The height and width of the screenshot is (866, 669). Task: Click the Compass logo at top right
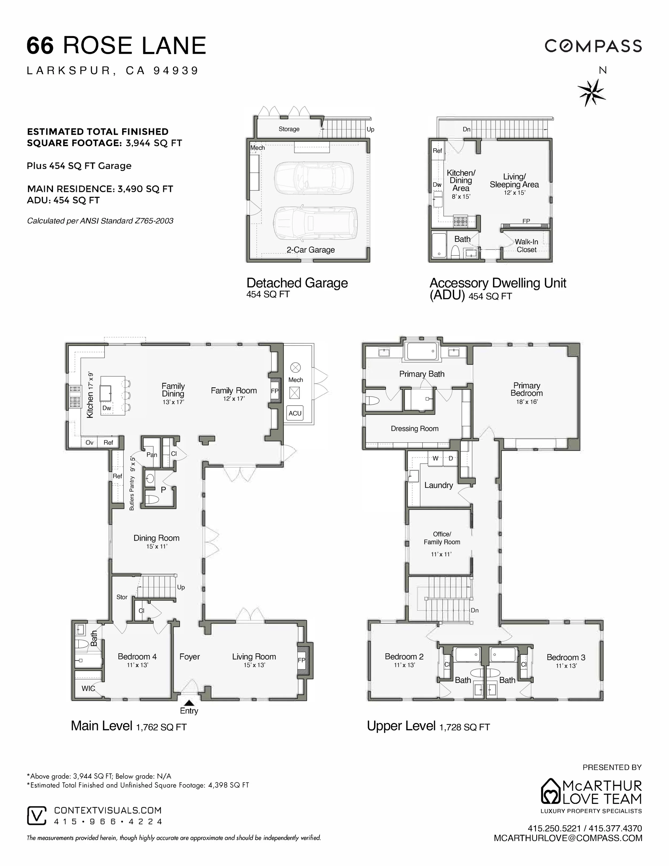[593, 46]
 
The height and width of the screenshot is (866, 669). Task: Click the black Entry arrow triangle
[189, 702]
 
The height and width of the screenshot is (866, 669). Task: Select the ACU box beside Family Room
[295, 413]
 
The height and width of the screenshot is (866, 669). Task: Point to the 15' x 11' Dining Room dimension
[157, 546]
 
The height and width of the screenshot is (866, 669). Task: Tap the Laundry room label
[438, 485]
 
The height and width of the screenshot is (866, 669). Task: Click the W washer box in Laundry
[435, 458]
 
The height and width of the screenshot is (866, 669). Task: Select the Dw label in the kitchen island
[107, 408]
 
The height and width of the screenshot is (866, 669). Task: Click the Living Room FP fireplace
[302, 660]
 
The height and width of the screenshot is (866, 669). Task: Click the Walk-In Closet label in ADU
[526, 245]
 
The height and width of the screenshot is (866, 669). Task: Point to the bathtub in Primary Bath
[422, 351]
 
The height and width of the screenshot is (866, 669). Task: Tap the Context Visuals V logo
[36, 816]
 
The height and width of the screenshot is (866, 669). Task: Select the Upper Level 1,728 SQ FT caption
[428, 726]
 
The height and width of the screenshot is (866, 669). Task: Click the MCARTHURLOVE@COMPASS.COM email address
[568, 838]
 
